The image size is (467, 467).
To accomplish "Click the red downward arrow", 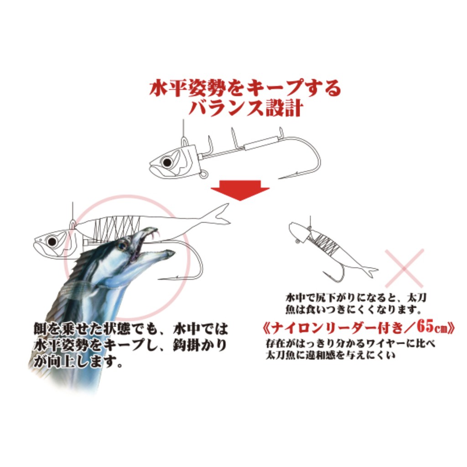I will point(240,189).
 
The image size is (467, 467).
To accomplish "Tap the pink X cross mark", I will point(405,268).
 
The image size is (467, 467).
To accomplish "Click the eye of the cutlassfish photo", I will point(122,246).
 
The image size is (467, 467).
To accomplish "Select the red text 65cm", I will point(432,327).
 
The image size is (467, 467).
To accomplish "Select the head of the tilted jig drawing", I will point(299,230).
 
